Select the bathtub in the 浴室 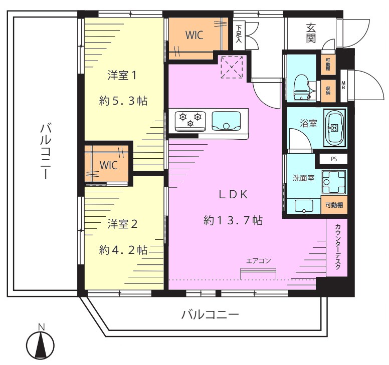pyautogui.click(x=334, y=128)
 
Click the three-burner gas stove pyautogui.click(x=190, y=121)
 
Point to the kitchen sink pyautogui.click(x=226, y=121)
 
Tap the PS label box pyautogui.click(x=333, y=159)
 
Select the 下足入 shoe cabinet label pyautogui.click(x=239, y=34)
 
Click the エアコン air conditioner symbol pyautogui.click(x=258, y=273)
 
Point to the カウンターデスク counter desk pyautogui.click(x=337, y=247)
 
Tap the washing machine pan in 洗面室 pyautogui.click(x=334, y=182)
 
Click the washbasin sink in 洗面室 pyautogui.click(x=304, y=206)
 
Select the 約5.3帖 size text pyautogui.click(x=123, y=101)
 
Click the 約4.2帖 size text pyautogui.click(x=123, y=250)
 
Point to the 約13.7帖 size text pyautogui.click(x=233, y=220)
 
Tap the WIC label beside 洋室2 pyautogui.click(x=108, y=165)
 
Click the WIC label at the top pyautogui.click(x=194, y=35)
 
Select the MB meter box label pyautogui.click(x=343, y=86)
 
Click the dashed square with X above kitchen pyautogui.click(x=232, y=67)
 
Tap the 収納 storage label pyautogui.click(x=328, y=91)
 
